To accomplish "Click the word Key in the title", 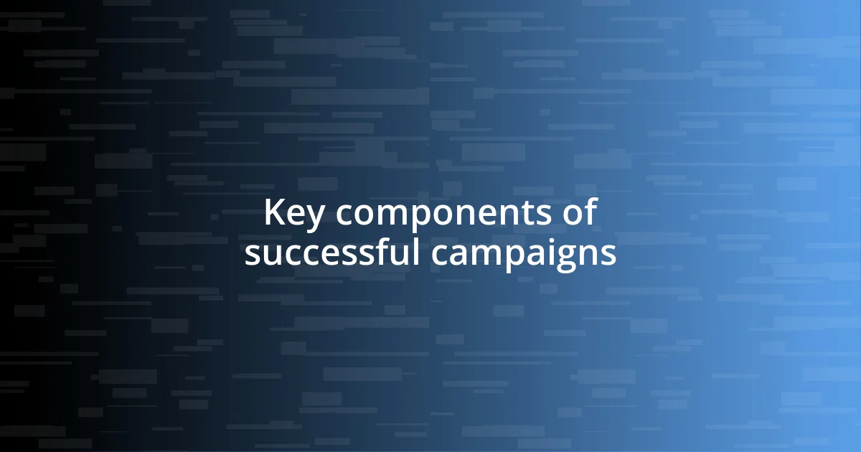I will click(x=287, y=214).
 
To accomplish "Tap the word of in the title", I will click(x=580, y=213).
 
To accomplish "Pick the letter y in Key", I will click(x=303, y=217).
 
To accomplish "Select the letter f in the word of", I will click(x=591, y=212).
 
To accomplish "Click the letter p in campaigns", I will click(x=512, y=258).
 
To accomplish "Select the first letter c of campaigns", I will click(x=440, y=255).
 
